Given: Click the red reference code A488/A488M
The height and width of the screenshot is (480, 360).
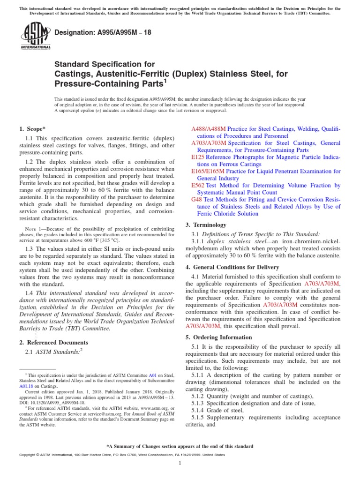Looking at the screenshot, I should pos(209,128).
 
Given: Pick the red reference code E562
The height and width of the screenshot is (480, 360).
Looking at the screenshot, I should pos(197,186).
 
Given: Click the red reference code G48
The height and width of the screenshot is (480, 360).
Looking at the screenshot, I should pos(196,200).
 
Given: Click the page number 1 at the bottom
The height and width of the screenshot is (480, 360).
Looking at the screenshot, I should pos(180,464).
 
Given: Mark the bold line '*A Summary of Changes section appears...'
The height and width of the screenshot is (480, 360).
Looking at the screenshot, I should pos(180,446).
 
